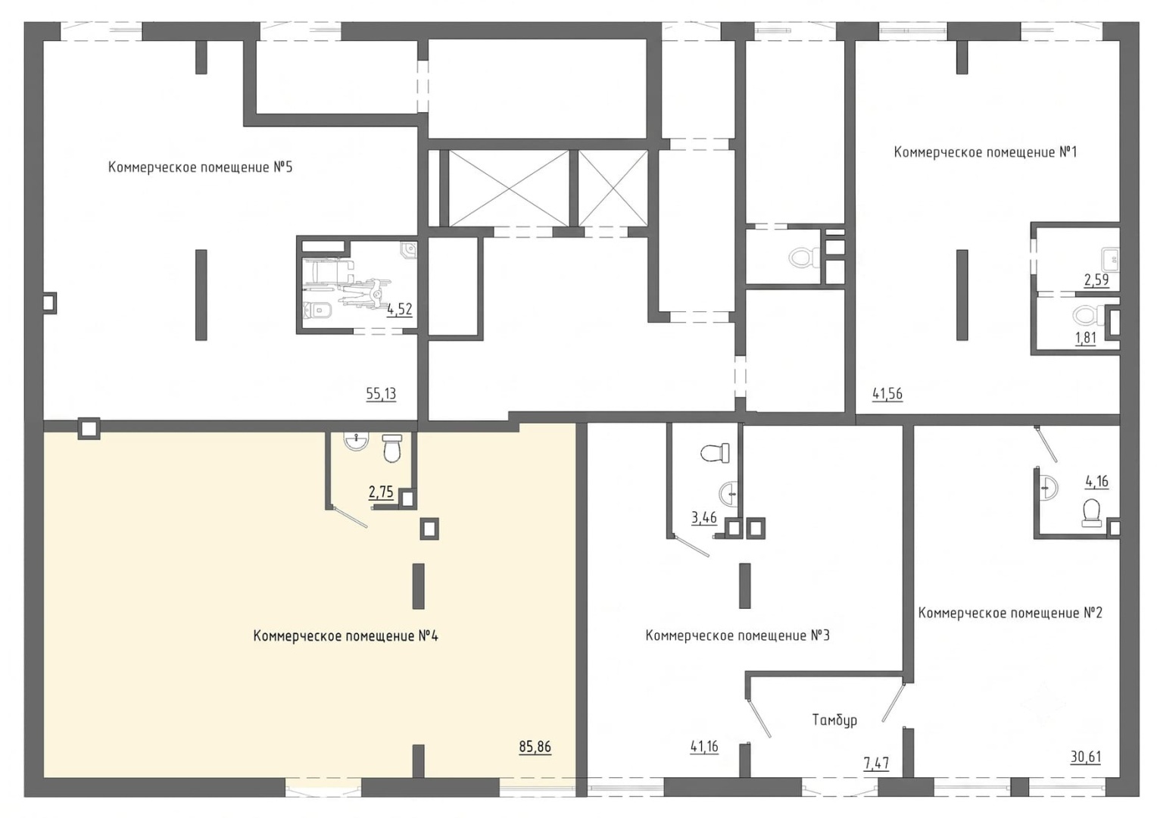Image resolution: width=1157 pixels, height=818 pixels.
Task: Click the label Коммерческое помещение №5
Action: [201, 167]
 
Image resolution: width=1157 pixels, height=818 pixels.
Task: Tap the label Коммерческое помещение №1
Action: [986, 152]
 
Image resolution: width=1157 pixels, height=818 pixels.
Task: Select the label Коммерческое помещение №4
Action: [345, 635]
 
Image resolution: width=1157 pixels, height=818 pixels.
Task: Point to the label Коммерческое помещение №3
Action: [738, 635]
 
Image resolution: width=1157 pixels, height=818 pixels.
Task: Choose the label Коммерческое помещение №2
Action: [1010, 613]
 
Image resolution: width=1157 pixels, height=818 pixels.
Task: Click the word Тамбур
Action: [834, 720]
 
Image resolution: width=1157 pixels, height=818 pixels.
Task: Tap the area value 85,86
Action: [535, 747]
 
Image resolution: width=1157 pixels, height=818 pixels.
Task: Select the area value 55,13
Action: [381, 394]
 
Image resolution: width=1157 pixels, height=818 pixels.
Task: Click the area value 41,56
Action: [887, 394]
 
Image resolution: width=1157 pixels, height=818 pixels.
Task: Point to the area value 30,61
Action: [1086, 757]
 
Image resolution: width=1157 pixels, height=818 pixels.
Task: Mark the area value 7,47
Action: [877, 763]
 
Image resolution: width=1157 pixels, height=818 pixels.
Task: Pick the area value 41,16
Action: [704, 747]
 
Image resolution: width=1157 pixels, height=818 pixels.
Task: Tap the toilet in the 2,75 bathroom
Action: [392, 448]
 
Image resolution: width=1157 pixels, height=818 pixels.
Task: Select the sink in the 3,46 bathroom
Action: [729, 494]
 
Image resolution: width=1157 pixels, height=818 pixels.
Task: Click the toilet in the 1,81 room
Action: [1089, 316]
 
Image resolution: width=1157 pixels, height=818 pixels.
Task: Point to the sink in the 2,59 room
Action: [1110, 259]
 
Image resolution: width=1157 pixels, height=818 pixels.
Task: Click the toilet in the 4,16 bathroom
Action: [1091, 513]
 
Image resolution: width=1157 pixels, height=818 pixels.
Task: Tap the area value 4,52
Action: [400, 309]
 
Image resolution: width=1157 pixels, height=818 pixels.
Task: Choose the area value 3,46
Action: [704, 517]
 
